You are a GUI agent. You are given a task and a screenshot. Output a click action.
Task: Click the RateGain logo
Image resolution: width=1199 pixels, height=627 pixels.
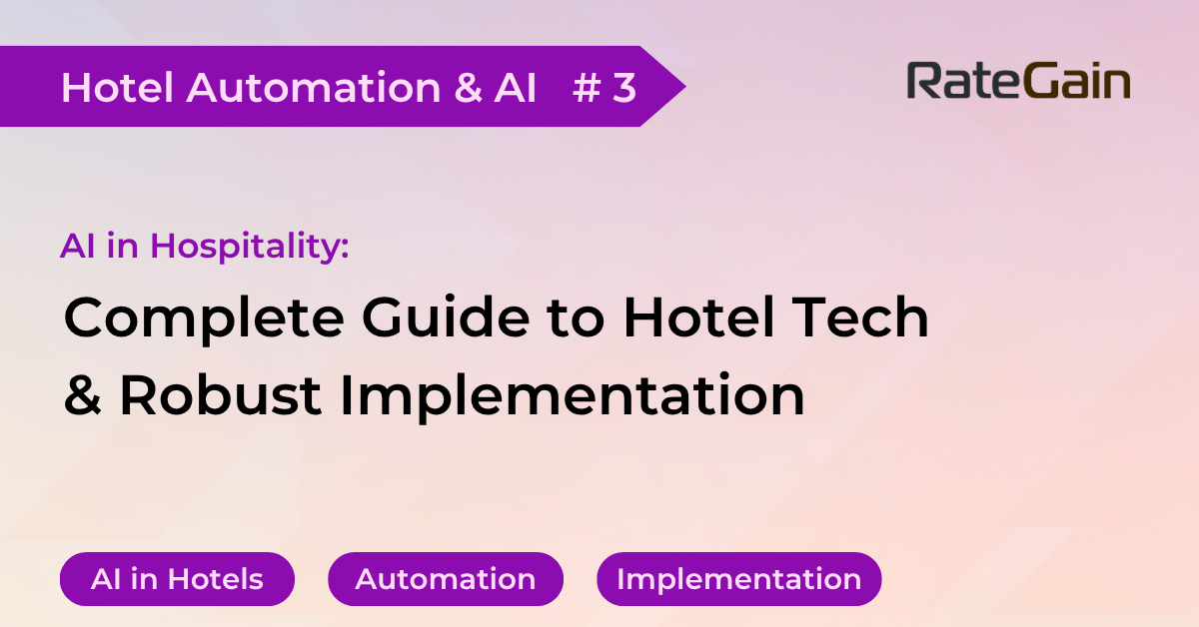pos(1018,82)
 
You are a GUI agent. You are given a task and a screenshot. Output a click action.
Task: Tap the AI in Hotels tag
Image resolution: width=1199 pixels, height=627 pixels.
pos(177,579)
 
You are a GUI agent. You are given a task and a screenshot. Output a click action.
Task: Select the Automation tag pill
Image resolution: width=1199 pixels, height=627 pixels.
pos(446,579)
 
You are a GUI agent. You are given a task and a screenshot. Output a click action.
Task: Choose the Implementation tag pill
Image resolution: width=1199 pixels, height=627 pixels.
pos(738,579)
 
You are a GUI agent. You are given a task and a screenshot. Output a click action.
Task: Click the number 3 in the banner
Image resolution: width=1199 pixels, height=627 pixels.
pos(624,88)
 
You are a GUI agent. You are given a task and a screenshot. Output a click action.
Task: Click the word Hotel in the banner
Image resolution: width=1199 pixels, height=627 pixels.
pos(118,88)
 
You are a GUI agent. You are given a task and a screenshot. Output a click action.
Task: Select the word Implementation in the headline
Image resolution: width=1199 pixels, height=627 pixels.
pos(573,397)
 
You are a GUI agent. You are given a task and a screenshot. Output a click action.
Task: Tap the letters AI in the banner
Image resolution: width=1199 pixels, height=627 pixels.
pos(515,88)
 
